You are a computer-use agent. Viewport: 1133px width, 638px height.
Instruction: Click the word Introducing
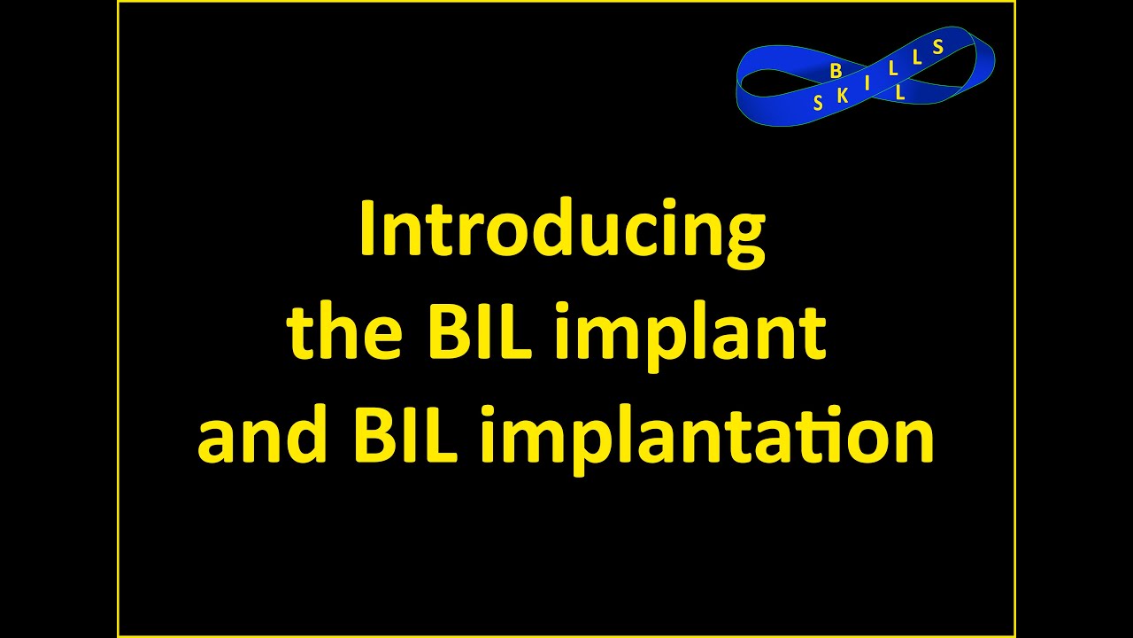561,230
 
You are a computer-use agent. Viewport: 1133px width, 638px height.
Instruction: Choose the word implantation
706,438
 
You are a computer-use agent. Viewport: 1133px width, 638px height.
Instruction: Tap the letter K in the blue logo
842,97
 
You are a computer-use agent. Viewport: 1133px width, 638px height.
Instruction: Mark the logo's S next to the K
818,104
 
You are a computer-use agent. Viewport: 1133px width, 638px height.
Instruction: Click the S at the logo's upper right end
938,47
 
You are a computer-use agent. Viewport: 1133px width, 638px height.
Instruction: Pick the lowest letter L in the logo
900,91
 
